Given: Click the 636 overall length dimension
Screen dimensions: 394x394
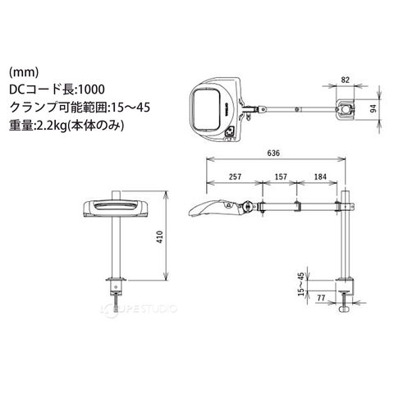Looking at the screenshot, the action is (273, 153).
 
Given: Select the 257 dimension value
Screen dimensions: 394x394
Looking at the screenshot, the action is (236, 176).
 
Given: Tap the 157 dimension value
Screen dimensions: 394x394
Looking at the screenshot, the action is (281, 176).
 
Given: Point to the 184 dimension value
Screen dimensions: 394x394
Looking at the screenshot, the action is (320, 176).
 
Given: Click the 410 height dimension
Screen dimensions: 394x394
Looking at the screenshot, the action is (159, 237).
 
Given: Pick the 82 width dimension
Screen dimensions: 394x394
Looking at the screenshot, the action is (346, 80).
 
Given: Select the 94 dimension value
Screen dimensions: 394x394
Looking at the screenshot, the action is (373, 108).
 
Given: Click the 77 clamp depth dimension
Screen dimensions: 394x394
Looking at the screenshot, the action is (321, 297).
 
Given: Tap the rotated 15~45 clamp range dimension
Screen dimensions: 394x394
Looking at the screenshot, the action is (300, 284).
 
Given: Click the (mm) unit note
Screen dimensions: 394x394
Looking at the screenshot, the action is (24, 72).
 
